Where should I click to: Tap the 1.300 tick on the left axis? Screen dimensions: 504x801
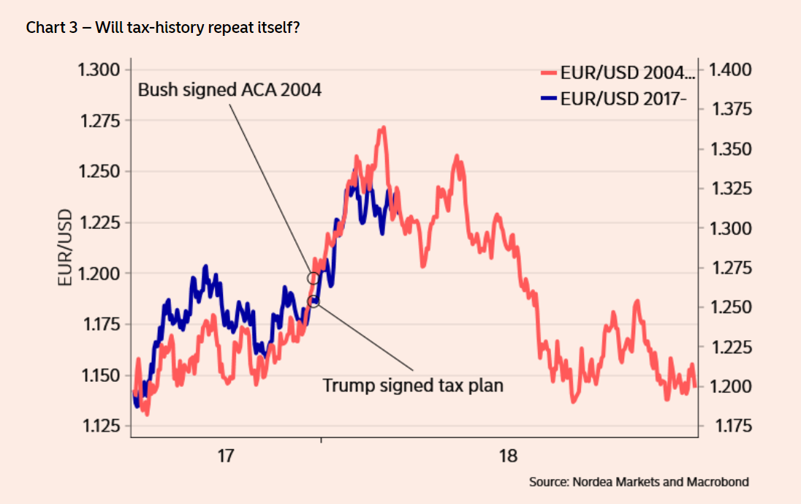click(98, 70)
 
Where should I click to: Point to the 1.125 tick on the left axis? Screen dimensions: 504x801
click(98, 426)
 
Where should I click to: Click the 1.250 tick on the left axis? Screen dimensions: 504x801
click(98, 172)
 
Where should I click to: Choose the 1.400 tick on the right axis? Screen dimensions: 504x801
click(731, 70)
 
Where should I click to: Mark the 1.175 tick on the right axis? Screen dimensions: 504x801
click(731, 426)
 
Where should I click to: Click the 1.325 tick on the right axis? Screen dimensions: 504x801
click(731, 189)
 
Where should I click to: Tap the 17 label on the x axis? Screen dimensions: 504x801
click(226, 456)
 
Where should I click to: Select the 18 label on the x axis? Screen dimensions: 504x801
click(508, 456)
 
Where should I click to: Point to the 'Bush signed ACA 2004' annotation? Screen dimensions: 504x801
click(230, 90)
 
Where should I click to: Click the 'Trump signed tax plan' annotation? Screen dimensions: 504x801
click(413, 385)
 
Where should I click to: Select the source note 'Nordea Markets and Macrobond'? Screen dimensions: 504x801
click(639, 482)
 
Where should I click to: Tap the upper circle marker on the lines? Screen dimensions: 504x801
click(314, 278)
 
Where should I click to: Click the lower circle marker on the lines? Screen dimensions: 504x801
click(314, 301)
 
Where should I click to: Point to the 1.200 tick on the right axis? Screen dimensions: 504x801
click(731, 386)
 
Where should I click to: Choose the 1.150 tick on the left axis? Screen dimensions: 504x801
click(98, 375)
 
